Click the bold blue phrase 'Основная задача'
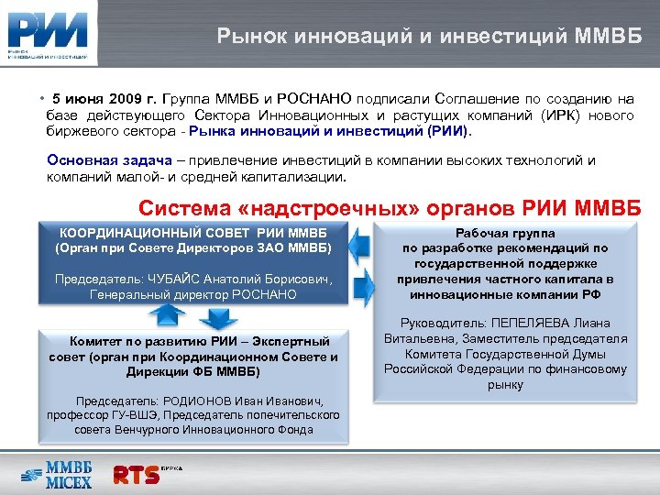coord(100,160)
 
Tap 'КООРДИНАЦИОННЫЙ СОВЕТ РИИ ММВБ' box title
coord(192,231)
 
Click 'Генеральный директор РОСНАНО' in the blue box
coord(192,294)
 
